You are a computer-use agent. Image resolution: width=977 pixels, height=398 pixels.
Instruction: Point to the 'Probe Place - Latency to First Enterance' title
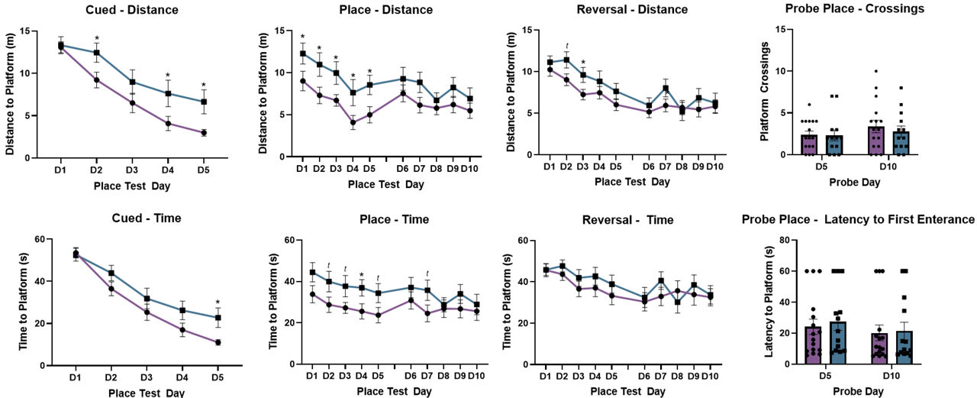(859, 220)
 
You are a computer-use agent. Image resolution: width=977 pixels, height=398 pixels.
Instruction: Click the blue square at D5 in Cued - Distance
(204, 102)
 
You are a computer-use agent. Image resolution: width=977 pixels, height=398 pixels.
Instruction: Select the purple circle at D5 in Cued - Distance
(204, 132)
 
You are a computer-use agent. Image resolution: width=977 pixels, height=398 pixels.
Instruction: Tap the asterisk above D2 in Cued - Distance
(97, 39)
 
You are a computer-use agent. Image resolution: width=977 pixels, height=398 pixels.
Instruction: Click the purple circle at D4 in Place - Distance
(353, 122)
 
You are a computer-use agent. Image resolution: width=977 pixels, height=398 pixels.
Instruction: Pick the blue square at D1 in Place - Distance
(303, 53)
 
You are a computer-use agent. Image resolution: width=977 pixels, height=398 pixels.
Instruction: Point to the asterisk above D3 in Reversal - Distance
(583, 63)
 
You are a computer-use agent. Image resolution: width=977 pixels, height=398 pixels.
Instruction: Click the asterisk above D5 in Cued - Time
(218, 303)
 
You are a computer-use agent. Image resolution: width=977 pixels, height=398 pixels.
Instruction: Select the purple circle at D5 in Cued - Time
(218, 342)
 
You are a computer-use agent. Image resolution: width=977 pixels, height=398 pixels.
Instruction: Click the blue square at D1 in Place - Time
(312, 272)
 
